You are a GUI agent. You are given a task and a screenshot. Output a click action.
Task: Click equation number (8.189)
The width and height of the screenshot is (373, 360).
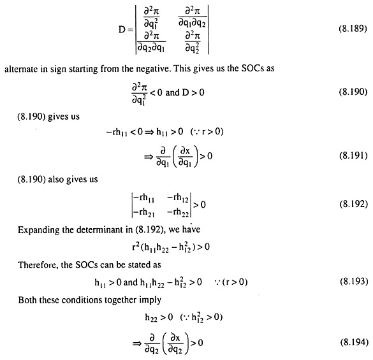(353, 29)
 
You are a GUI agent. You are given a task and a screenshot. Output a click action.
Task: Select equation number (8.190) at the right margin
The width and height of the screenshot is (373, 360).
(353, 92)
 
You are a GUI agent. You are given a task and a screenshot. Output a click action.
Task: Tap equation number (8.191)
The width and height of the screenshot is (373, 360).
(353, 155)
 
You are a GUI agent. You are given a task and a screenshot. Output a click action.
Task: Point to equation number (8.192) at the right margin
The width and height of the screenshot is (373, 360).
(353, 204)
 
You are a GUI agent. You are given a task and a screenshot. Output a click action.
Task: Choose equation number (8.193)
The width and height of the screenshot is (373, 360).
(354, 282)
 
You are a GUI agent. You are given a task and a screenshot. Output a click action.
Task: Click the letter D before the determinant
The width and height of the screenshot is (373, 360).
(122, 29)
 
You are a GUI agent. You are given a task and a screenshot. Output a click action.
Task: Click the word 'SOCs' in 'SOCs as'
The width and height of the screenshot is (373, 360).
(252, 68)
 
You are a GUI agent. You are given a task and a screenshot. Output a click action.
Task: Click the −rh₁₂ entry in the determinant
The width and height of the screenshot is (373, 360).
(178, 198)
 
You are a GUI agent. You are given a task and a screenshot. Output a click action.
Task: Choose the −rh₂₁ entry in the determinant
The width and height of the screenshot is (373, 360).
(144, 212)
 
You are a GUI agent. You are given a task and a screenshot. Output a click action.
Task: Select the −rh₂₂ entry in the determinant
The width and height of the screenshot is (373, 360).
(178, 212)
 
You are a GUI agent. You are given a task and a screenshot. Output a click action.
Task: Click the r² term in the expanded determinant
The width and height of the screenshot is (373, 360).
(135, 247)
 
